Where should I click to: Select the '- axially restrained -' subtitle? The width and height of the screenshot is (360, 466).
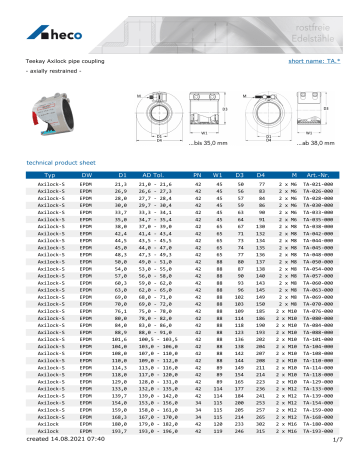pos(48,72)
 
